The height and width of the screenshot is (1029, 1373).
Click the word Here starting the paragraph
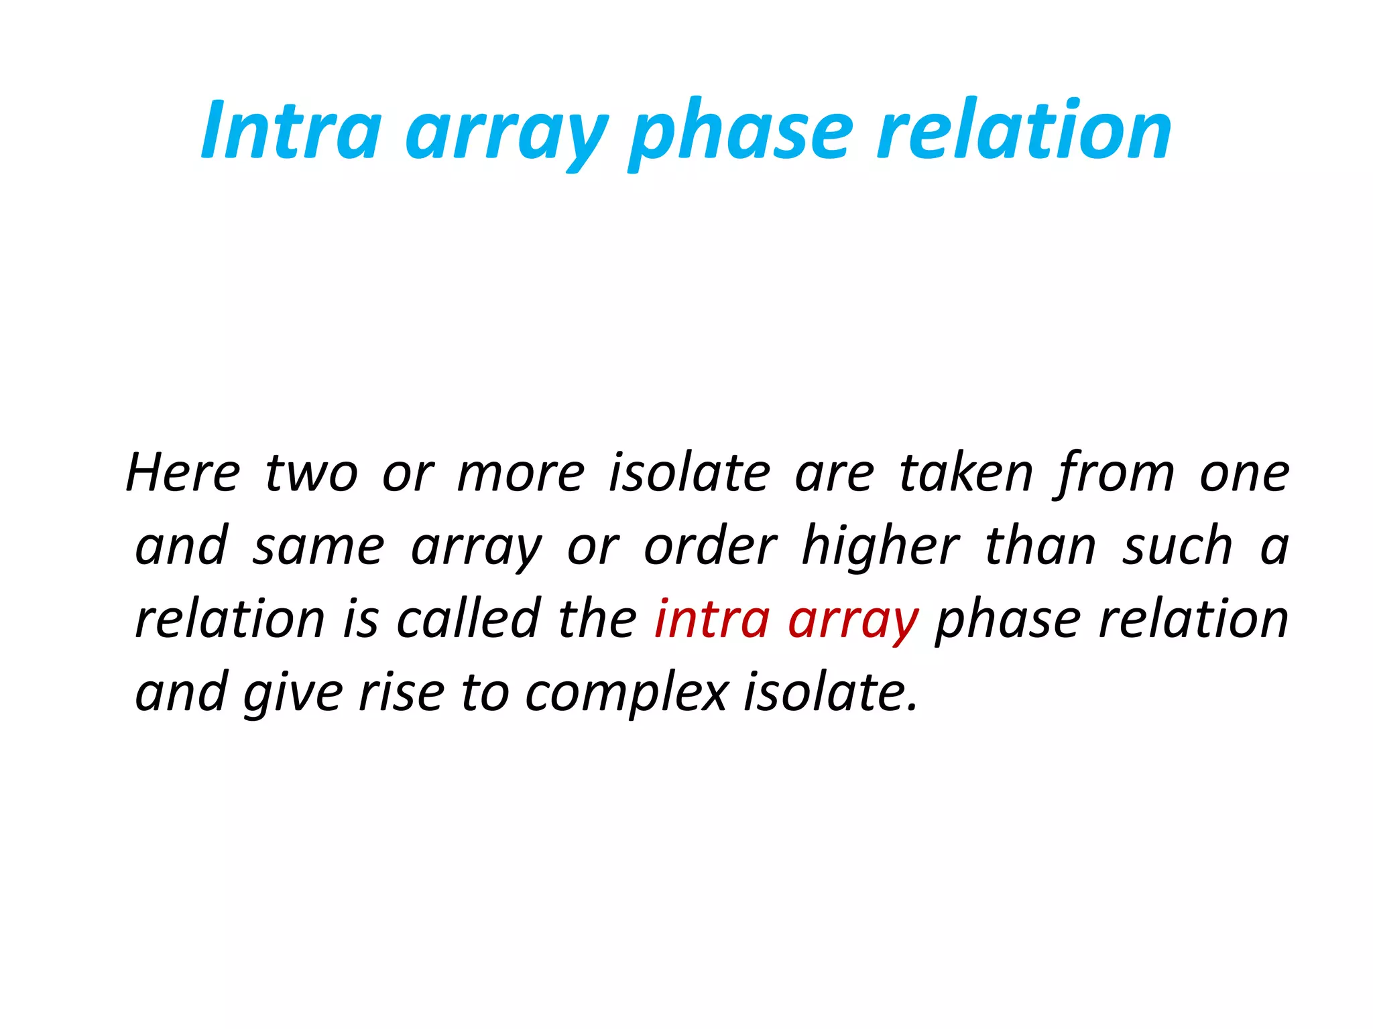click(182, 474)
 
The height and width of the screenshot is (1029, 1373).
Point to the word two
click(311, 474)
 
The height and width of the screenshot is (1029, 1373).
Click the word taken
click(965, 474)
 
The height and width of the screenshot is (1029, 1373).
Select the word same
click(318, 547)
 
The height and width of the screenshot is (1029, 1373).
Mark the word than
click(1040, 547)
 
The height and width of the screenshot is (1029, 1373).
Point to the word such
click(1178, 547)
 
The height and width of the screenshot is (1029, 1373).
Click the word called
click(469, 619)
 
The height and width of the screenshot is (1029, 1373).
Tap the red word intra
click(712, 619)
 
